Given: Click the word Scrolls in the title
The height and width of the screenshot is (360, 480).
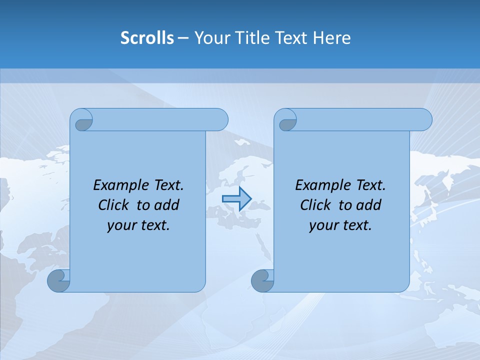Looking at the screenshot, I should coord(147,38).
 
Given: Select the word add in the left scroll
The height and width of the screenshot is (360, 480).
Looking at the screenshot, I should coord(167,205).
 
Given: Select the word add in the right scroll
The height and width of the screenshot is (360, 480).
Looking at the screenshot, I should coord(369,205).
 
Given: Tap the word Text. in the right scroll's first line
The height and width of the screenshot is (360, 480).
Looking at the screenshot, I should coord(370,185).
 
